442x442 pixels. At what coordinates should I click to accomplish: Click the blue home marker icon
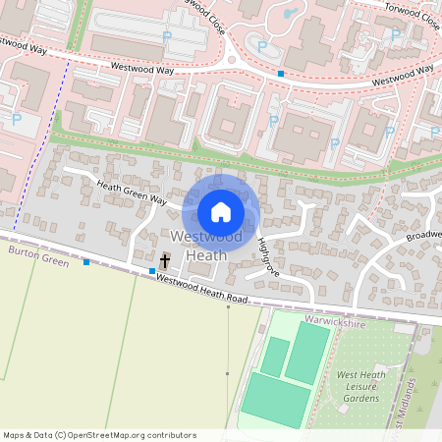221,211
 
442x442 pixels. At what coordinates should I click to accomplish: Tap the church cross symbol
165,260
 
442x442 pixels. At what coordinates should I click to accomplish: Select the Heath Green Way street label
132,193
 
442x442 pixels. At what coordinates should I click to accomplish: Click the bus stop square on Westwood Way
281,74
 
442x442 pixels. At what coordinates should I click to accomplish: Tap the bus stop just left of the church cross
152,270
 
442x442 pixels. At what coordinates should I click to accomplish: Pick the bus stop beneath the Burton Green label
86,261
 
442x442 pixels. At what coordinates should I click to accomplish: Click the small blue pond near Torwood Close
290,14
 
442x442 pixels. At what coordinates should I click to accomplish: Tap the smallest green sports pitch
275,355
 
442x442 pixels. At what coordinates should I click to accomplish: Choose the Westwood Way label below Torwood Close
398,75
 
